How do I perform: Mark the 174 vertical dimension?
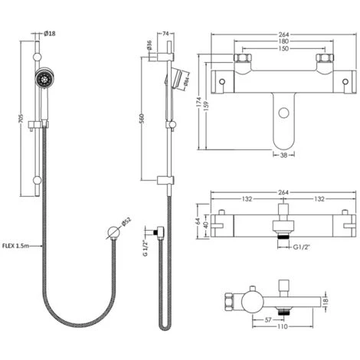198,100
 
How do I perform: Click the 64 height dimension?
198,221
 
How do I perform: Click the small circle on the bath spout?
285,112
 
